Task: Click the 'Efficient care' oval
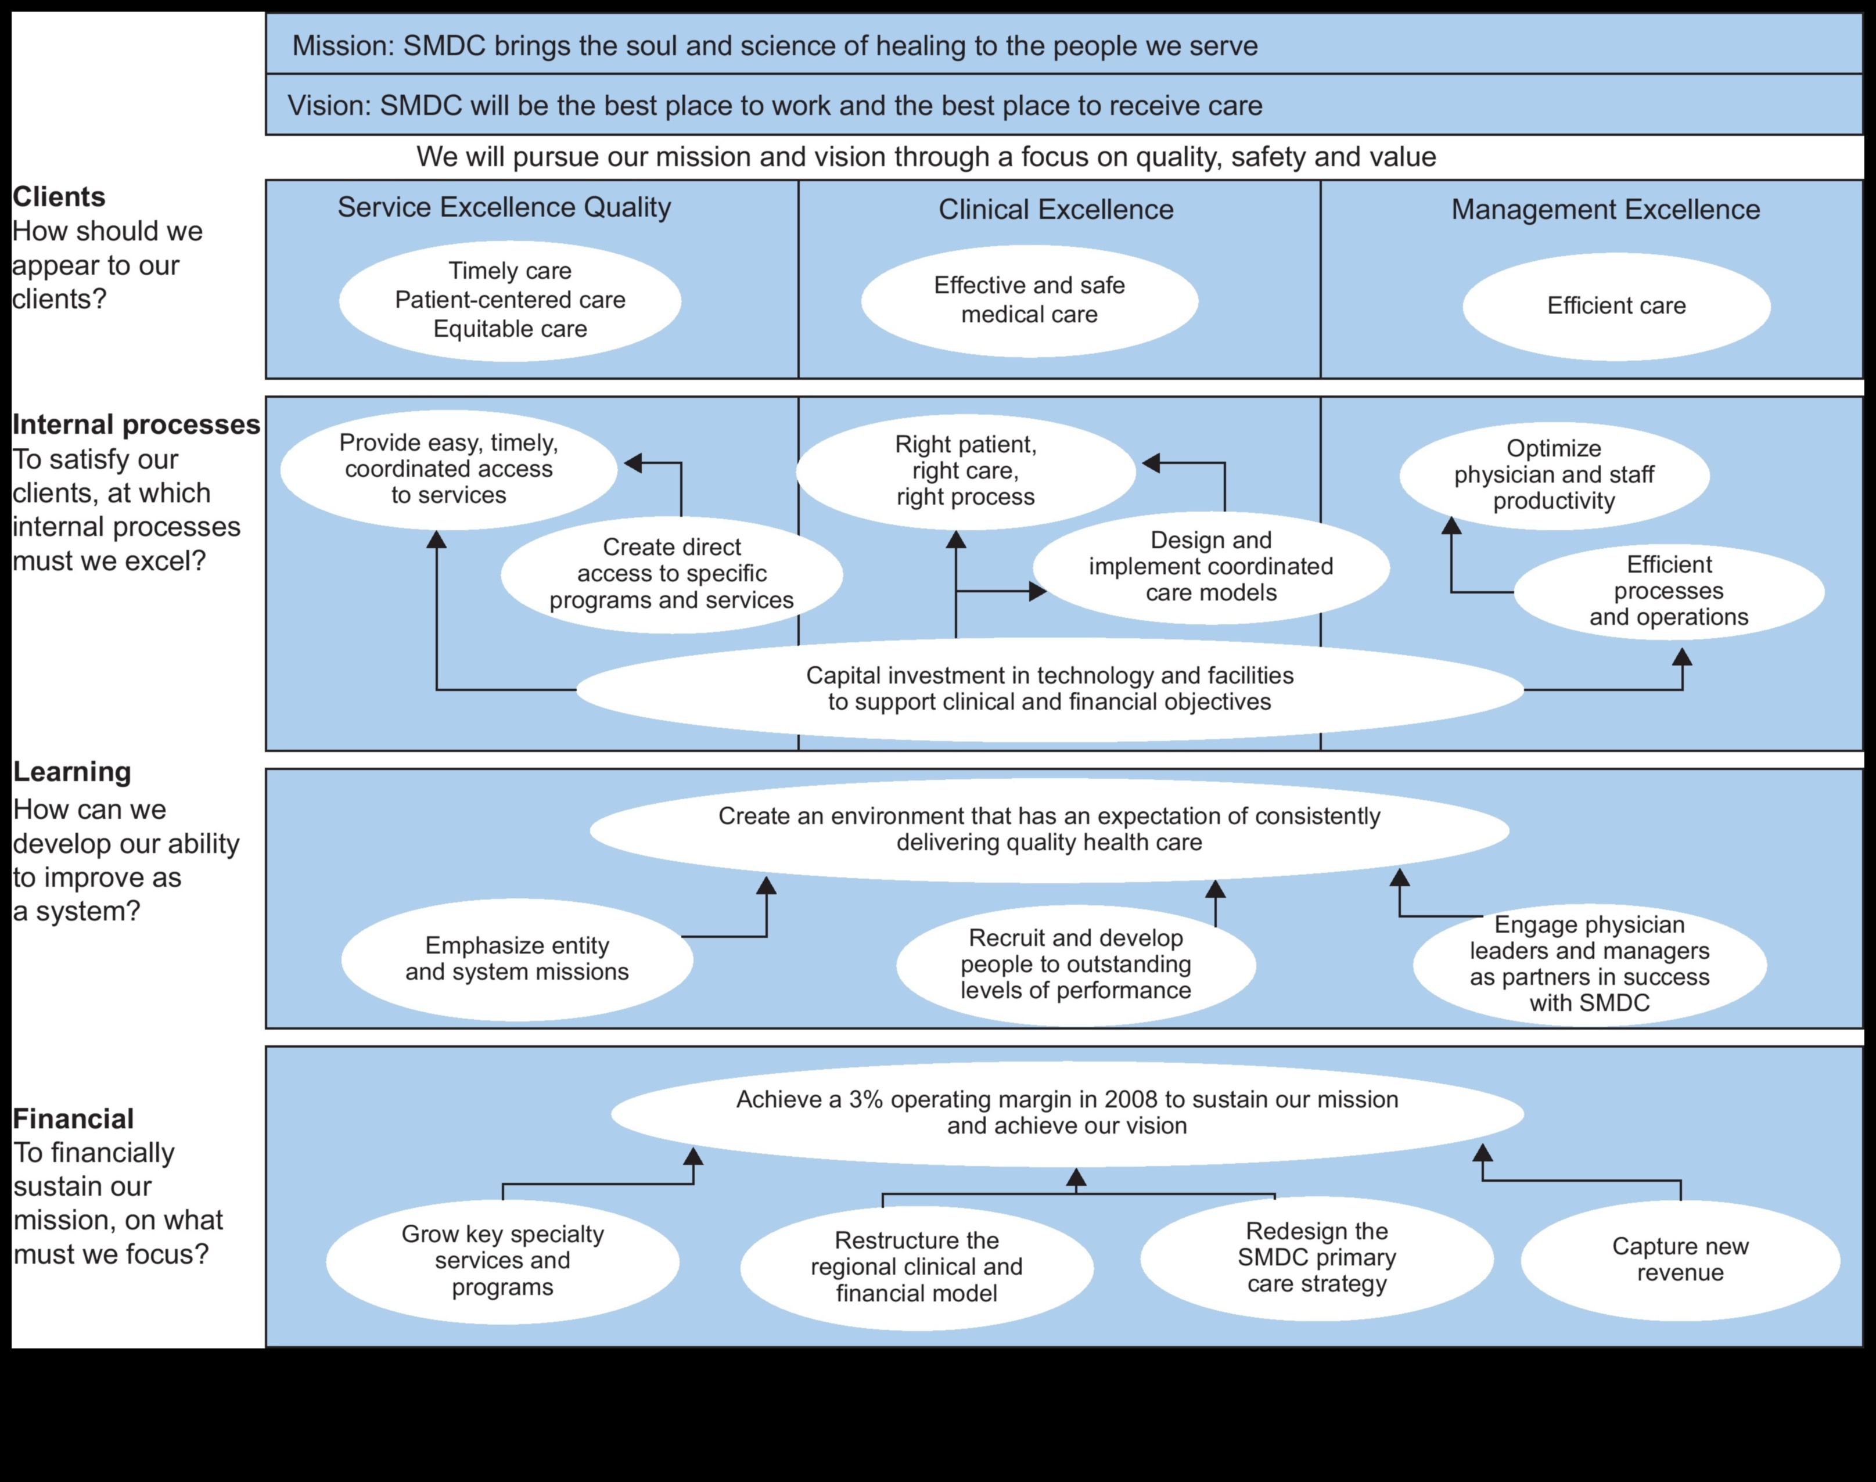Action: pos(1616,306)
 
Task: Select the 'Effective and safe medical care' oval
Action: pos(1029,300)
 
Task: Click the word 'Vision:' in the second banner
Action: pos(330,106)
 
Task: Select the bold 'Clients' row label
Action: pos(58,197)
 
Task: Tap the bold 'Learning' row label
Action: pos(72,771)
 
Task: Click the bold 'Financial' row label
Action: pos(74,1118)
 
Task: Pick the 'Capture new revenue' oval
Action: pos(1680,1259)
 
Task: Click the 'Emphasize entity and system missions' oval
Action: pos(517,959)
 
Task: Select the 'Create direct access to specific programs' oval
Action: pos(671,574)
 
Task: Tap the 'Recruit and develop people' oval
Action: pos(1075,964)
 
